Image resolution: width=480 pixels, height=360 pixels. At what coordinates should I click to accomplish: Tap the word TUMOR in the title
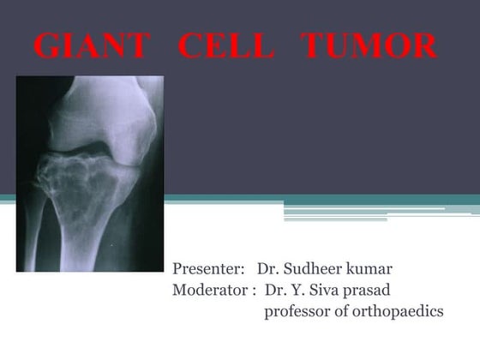tap(369, 47)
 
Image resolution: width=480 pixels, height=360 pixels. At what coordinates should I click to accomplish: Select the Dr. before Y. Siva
tap(278, 290)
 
